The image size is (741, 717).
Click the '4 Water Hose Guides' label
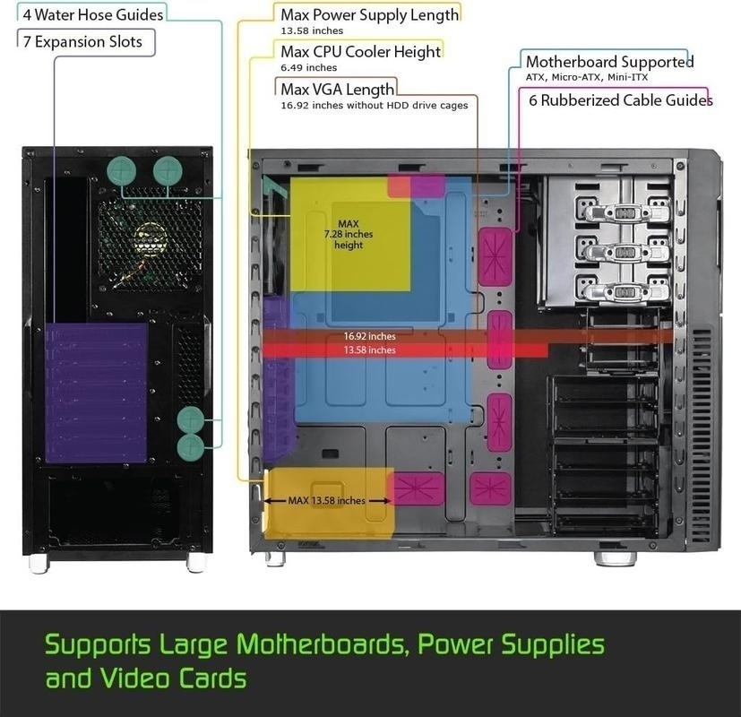coord(93,15)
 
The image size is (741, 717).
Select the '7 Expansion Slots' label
coord(82,41)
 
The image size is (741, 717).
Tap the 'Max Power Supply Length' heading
coord(369,15)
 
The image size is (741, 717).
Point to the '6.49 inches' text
coord(308,67)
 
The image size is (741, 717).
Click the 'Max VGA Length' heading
coord(338,90)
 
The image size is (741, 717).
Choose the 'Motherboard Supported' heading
coord(609,62)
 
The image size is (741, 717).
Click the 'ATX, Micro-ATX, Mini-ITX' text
coord(587,77)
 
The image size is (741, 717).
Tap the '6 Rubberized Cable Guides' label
coord(621,100)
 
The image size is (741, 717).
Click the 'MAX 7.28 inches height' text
coord(349,235)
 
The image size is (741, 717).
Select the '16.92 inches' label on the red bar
coord(369,336)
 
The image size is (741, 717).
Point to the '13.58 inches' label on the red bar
coord(369,350)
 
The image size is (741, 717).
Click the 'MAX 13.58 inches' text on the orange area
coord(326,500)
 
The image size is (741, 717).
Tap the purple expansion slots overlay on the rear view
coord(96,393)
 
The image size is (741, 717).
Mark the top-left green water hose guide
coord(122,170)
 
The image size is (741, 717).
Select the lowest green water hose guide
coord(191,448)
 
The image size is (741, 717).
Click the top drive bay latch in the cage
coord(625,212)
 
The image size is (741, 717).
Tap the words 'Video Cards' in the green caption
coord(174,678)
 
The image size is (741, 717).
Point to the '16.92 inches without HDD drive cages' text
coord(375,106)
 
